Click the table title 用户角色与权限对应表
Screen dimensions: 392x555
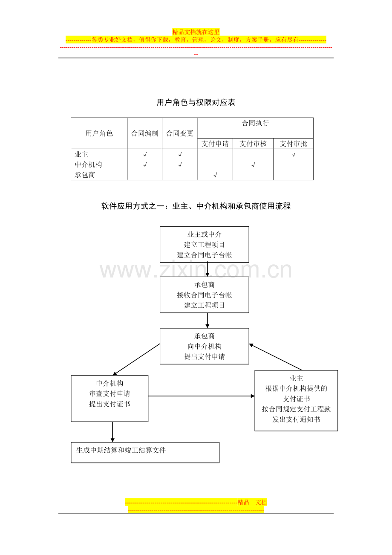pos(196,102)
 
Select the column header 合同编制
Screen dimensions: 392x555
pos(144,133)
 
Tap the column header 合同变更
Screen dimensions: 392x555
pos(179,133)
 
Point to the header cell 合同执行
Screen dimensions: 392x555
pos(255,123)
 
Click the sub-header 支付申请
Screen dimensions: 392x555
pos(215,144)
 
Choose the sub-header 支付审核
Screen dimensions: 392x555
pos(253,144)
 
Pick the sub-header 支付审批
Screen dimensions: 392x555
pos(293,144)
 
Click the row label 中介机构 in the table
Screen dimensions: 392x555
pos(88,165)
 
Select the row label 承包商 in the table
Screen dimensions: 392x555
pos(85,175)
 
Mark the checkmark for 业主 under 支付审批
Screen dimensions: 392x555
pos(294,154)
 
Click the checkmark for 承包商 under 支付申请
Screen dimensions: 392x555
pos(215,175)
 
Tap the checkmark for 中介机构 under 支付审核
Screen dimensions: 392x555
pos(253,165)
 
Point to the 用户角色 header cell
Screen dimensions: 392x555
pos(99,133)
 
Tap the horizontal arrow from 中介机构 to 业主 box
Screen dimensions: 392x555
pos(201,396)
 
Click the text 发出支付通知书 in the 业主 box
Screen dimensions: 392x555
pos(296,419)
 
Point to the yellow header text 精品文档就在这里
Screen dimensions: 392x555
pos(196,32)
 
